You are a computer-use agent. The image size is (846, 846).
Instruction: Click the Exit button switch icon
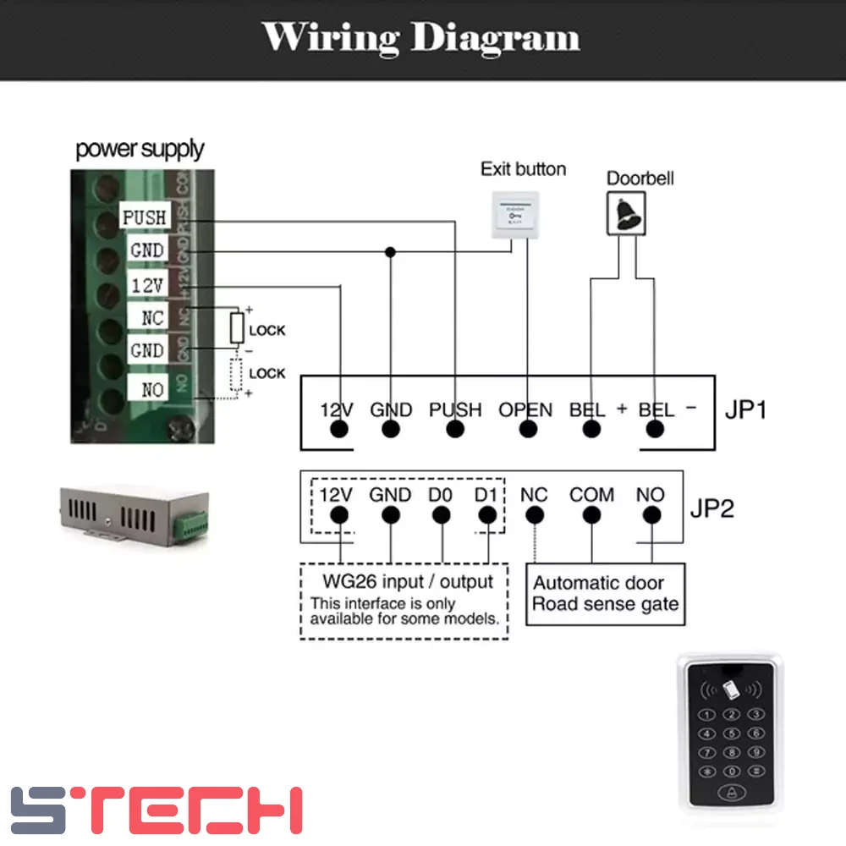[x=515, y=215]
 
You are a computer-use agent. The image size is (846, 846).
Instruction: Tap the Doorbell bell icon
[x=627, y=212]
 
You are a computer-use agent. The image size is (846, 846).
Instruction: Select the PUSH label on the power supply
[x=145, y=217]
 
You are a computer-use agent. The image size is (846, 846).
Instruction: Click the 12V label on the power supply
[x=147, y=285]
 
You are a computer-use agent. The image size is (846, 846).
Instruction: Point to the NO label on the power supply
[x=152, y=389]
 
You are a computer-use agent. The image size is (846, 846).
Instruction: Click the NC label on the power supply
[x=151, y=319]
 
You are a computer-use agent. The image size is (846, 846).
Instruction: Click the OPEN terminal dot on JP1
[x=528, y=430]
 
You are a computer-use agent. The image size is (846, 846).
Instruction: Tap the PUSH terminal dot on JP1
[x=455, y=430]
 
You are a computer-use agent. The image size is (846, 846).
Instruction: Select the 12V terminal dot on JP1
[x=339, y=430]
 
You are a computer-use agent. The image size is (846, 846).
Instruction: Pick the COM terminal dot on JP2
[x=591, y=515]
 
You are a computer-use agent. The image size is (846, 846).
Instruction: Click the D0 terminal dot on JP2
[x=440, y=515]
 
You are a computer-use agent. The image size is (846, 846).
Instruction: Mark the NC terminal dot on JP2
[x=534, y=515]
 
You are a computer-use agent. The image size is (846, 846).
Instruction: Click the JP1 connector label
[x=745, y=410]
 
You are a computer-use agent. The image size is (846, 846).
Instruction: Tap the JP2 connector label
[x=712, y=508]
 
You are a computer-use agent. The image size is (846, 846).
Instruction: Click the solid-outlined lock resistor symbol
[x=238, y=327]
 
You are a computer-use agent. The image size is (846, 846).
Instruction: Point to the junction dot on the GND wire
[x=390, y=251]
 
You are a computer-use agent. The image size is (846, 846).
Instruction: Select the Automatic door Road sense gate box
[x=605, y=594]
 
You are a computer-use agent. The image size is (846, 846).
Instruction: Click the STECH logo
[x=157, y=810]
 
